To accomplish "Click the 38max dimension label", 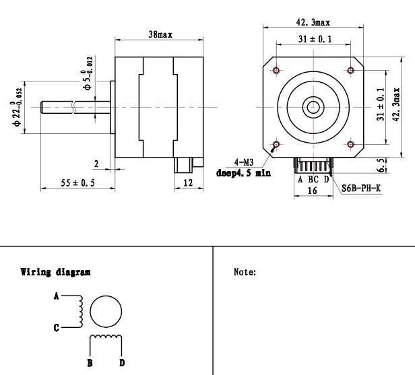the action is coord(160,34).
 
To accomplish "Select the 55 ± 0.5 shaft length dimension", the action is coord(77,182).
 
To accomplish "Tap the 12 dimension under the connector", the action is coord(188,182).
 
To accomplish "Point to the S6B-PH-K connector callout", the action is coord(361,189).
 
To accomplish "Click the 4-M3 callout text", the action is coord(244,162).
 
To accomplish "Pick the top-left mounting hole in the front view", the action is coord(276,70).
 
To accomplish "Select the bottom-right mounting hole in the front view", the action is coord(351,144).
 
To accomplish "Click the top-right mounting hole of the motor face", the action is coord(351,70).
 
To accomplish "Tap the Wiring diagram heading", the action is coord(55,272).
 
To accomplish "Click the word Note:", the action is coord(245,272).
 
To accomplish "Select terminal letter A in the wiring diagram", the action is coord(56,296).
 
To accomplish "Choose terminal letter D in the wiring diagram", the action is coord(122,363).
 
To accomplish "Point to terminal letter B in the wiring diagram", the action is coord(90,363).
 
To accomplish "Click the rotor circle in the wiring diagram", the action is coord(106,296).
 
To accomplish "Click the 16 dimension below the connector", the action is coord(313,191).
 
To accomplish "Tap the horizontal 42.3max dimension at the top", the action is coord(313,22).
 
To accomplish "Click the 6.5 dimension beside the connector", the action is coord(381,166).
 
